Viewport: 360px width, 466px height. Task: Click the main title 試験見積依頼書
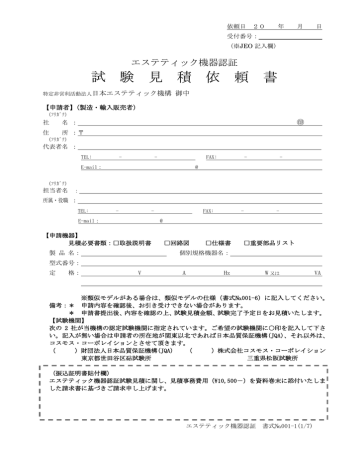pyautogui.click(x=181, y=77)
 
